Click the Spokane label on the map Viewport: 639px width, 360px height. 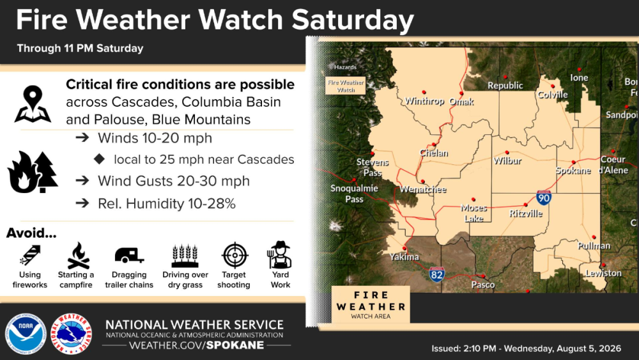coord(573,171)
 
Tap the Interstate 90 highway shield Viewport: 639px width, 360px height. coord(544,198)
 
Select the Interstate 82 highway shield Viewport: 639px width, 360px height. coord(436,274)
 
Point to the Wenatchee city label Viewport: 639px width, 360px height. coord(423,189)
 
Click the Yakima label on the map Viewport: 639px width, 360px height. coord(404,257)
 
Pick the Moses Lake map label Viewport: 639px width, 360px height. coord(473,213)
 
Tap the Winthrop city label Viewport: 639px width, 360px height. coord(424,100)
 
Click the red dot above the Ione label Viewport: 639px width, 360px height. coord(579,70)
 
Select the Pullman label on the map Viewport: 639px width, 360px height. coord(594,246)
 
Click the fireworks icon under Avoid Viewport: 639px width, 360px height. coord(30,255)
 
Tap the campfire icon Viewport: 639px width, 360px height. coord(78,256)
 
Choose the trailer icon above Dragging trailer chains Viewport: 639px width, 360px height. coord(129,255)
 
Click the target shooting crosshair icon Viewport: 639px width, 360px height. coord(235,255)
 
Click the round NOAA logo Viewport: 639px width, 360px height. coord(26,334)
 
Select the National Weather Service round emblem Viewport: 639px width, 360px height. coord(72,334)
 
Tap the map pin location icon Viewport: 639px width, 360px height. coord(33,104)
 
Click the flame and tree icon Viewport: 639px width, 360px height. coord(33,171)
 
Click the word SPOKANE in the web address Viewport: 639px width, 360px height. coord(235,345)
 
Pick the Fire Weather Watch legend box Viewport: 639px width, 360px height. coord(345,86)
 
